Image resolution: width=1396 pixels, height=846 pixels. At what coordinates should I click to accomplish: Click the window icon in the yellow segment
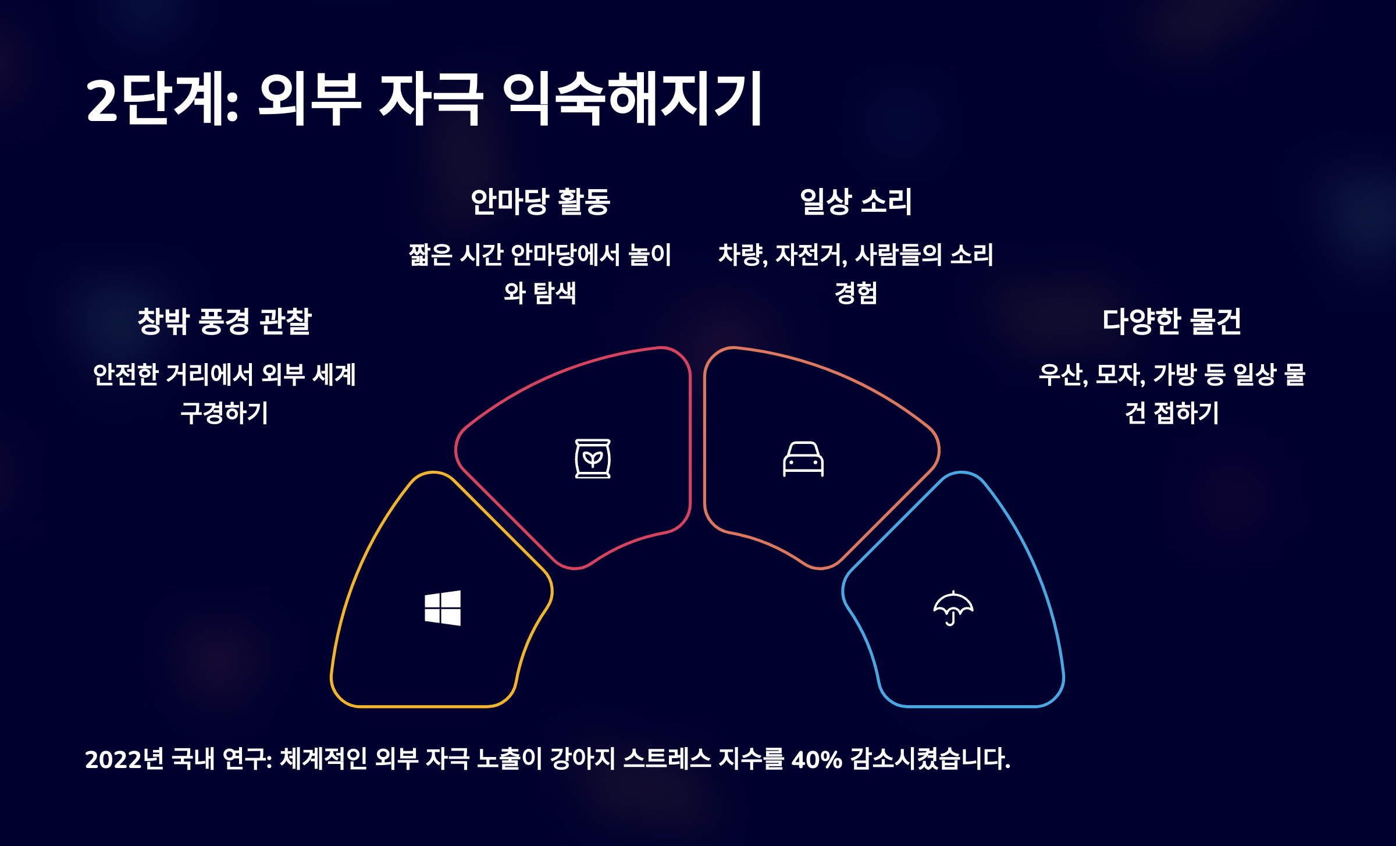click(x=443, y=608)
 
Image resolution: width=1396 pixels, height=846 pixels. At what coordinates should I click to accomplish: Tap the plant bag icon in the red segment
click(x=593, y=458)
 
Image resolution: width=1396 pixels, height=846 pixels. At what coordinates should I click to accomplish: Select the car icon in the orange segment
click(x=803, y=459)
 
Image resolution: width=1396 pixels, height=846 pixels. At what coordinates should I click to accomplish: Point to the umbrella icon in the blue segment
click(x=953, y=608)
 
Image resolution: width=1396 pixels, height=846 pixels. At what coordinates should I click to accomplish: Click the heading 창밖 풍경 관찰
click(x=225, y=321)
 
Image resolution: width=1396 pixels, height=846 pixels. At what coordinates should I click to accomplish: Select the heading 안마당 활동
click(x=540, y=202)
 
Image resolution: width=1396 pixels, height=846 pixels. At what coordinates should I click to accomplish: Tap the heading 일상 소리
click(x=856, y=202)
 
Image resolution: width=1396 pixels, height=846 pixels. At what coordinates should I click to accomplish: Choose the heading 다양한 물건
click(x=1171, y=321)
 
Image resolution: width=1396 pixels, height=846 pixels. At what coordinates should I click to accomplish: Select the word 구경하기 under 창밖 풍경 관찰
click(x=225, y=413)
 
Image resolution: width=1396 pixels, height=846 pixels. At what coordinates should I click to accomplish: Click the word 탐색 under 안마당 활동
click(x=555, y=293)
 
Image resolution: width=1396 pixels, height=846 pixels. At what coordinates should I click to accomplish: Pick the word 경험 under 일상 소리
click(x=856, y=293)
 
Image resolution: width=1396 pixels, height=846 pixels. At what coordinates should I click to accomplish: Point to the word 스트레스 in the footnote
click(x=667, y=759)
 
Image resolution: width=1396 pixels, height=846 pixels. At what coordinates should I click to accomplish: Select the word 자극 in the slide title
click(x=430, y=99)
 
